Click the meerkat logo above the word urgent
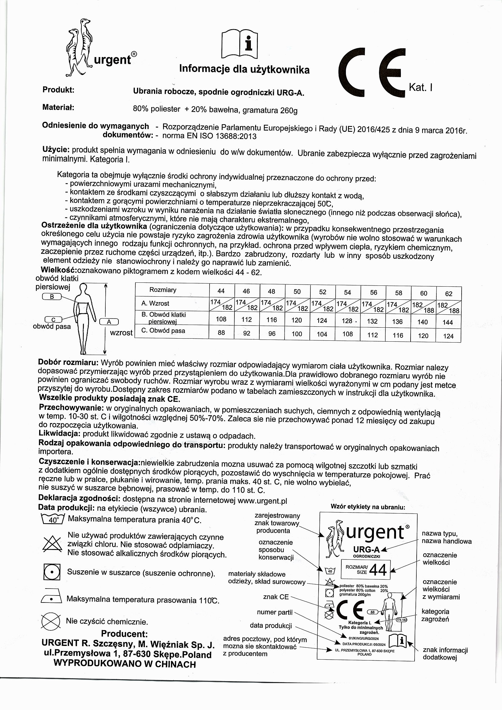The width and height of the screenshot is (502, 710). pos(79,47)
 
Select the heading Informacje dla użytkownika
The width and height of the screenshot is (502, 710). pos(244,69)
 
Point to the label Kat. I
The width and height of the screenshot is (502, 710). pos(420,88)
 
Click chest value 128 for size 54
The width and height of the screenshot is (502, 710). pos(347,321)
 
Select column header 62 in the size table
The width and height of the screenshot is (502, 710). pos(449,294)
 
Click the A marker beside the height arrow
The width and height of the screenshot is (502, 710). pos(109,322)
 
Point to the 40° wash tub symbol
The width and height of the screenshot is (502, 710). pos(52,519)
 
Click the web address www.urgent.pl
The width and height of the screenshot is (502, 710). pos(263,500)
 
